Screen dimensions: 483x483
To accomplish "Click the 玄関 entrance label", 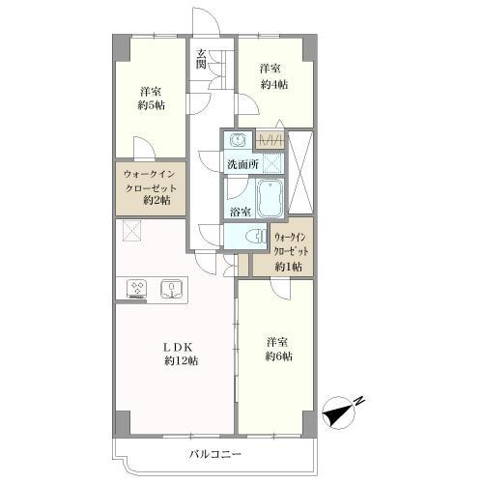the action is (201, 59).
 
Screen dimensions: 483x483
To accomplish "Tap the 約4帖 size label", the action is (274, 84).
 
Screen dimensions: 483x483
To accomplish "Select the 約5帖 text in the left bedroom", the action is (152, 105).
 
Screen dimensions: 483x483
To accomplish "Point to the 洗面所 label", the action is (242, 164).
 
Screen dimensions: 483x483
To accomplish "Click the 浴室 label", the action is (241, 212).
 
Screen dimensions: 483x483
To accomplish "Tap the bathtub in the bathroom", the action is (270, 198).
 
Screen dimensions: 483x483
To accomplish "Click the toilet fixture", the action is (257, 237).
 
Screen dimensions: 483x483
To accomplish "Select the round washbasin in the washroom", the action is (238, 139).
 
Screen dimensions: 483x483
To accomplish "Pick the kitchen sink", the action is (172, 288).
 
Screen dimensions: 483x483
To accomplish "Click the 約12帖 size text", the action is (182, 361).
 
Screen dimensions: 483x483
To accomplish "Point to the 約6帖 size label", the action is (279, 356).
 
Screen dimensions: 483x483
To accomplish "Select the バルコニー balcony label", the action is (215, 454).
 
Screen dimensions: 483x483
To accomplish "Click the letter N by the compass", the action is (359, 401).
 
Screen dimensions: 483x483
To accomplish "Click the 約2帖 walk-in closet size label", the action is (156, 200).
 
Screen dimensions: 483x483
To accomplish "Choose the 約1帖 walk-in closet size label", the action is (288, 267).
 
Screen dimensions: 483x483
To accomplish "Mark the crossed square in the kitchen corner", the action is (131, 230).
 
